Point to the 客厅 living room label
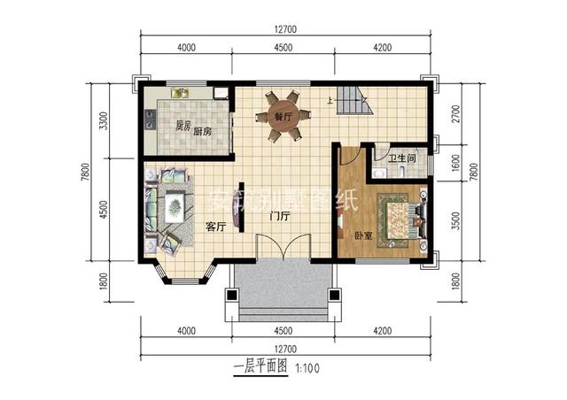click(216, 227)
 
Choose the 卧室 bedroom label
click(363, 236)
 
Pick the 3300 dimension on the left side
click(104, 121)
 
